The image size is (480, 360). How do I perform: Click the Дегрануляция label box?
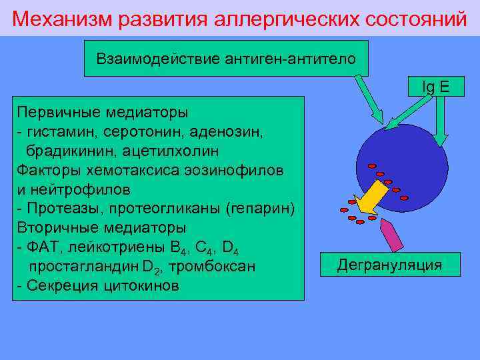(389, 265)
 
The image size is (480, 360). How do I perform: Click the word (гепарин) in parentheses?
(261, 209)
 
